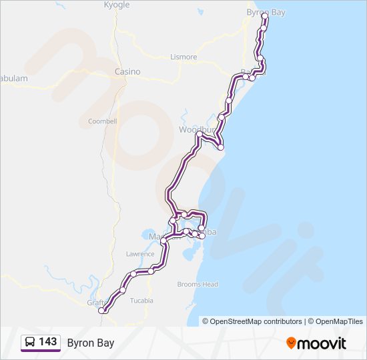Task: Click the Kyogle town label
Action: [x=117, y=5]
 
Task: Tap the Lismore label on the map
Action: [x=183, y=57]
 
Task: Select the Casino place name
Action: [x=127, y=71]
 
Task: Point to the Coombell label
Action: [x=102, y=121]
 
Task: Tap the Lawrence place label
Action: [x=140, y=254]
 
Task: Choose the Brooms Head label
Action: [x=198, y=284]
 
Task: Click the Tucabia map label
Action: [x=141, y=301]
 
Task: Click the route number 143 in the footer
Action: [x=47, y=342]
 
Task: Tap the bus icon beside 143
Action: [x=31, y=343]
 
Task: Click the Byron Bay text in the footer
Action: [x=91, y=343]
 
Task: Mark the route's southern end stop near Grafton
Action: [x=102, y=310]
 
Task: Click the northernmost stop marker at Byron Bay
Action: [x=265, y=15]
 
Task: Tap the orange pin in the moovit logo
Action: [x=291, y=343]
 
